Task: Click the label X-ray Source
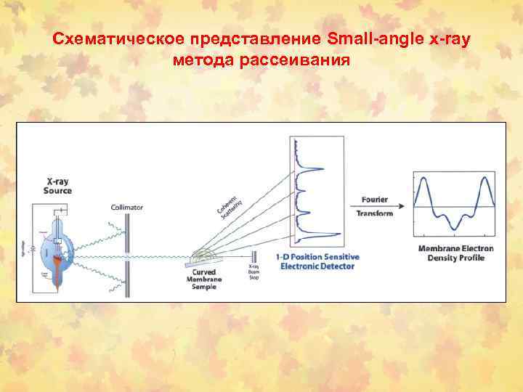[59, 186]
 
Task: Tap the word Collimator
[127, 208]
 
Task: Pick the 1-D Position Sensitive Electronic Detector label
[315, 261]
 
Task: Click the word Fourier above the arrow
[374, 199]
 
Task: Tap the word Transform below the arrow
[375, 213]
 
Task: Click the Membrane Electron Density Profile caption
[455, 253]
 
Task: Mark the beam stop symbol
[254, 256]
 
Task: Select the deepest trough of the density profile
[455, 229]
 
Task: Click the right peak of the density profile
[485, 181]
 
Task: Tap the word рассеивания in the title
[296, 60]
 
